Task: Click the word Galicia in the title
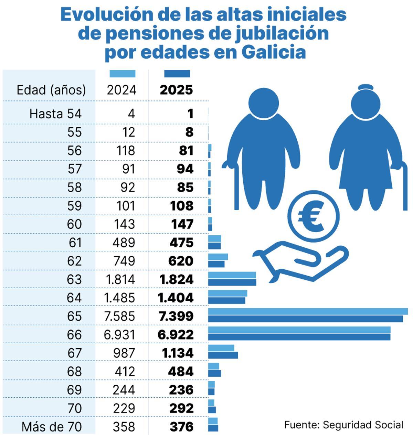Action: click(274, 52)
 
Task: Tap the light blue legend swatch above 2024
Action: click(122, 74)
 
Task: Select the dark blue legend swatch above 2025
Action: click(177, 74)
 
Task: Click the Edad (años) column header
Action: click(51, 90)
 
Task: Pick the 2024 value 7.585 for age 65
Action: click(119, 316)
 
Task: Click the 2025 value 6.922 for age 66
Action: click(176, 334)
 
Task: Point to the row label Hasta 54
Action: click(55, 114)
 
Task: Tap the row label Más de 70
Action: click(52, 427)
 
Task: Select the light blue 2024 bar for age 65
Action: click(308, 312)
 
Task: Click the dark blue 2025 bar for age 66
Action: click(299, 337)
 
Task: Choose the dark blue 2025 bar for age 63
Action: click(232, 282)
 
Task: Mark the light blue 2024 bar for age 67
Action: click(221, 348)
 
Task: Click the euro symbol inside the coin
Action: click(311, 217)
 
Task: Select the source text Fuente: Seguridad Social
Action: click(343, 425)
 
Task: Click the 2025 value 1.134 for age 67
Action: click(178, 353)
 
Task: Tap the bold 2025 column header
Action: click(176, 90)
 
